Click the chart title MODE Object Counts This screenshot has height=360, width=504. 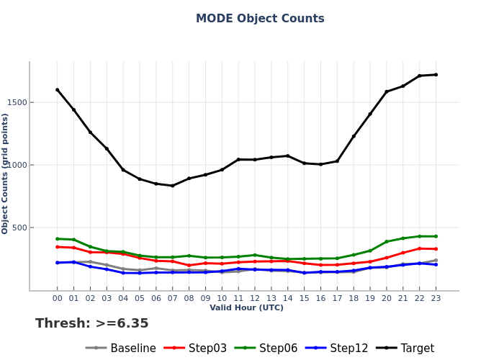pos(260,19)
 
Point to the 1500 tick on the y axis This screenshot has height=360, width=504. pos(17,102)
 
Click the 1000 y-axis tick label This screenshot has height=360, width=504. pos(17,165)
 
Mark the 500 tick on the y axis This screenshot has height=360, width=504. pos(19,228)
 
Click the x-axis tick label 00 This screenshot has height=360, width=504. pos(58,298)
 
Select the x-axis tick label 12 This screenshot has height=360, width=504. pos(255,298)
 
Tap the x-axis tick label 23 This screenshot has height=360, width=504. pos(436,298)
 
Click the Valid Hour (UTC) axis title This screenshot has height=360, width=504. pos(246,308)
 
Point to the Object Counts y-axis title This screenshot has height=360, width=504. pos(6,173)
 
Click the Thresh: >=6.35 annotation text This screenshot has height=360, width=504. pos(92,324)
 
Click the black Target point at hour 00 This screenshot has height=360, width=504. pos(58,90)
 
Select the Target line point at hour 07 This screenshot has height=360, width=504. pos(173,186)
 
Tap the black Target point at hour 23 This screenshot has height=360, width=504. pos(436,75)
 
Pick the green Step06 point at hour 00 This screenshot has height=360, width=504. pos(58,239)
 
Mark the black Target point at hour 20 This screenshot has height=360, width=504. pos(387,91)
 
